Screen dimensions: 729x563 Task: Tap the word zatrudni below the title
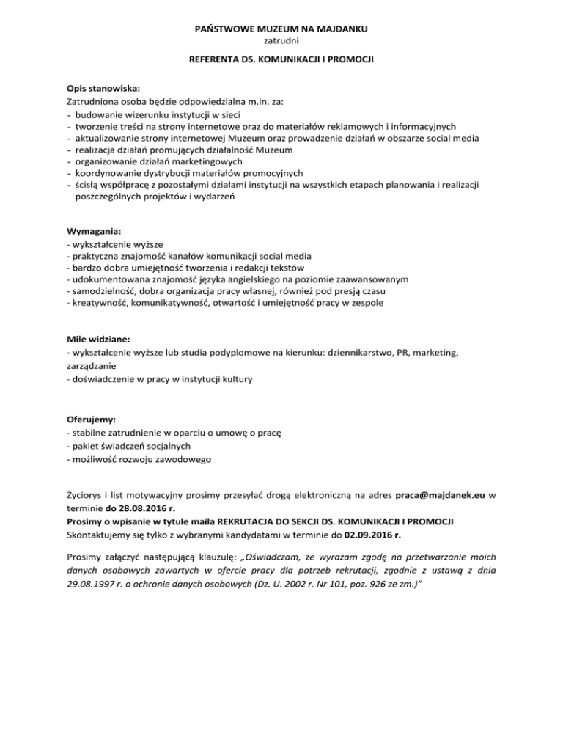(x=281, y=41)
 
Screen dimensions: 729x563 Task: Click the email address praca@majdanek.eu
(x=437, y=495)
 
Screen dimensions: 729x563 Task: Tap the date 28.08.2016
(x=139, y=508)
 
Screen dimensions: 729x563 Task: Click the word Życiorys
(x=87, y=495)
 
